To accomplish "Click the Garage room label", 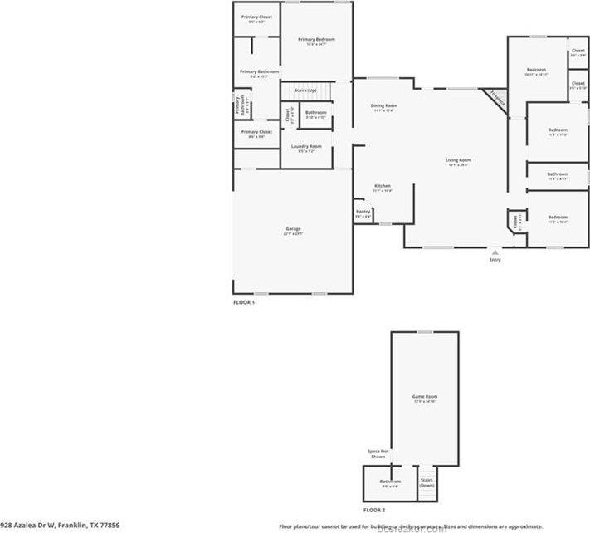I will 293,229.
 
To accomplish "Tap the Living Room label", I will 458,160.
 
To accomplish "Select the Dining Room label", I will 383,105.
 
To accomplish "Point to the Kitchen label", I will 382,186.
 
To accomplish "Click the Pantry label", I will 363,212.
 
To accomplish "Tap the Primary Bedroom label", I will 316,40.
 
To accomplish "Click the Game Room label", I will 424,397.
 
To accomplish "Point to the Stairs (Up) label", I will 305,90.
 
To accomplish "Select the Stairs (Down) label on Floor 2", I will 427,482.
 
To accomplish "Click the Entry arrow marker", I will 495,252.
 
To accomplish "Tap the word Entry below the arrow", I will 495,261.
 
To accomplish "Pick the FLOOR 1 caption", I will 243,303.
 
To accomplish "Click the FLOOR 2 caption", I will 374,509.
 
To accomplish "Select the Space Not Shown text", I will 378,454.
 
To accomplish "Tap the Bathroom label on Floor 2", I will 390,482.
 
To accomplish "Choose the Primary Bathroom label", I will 259,72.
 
